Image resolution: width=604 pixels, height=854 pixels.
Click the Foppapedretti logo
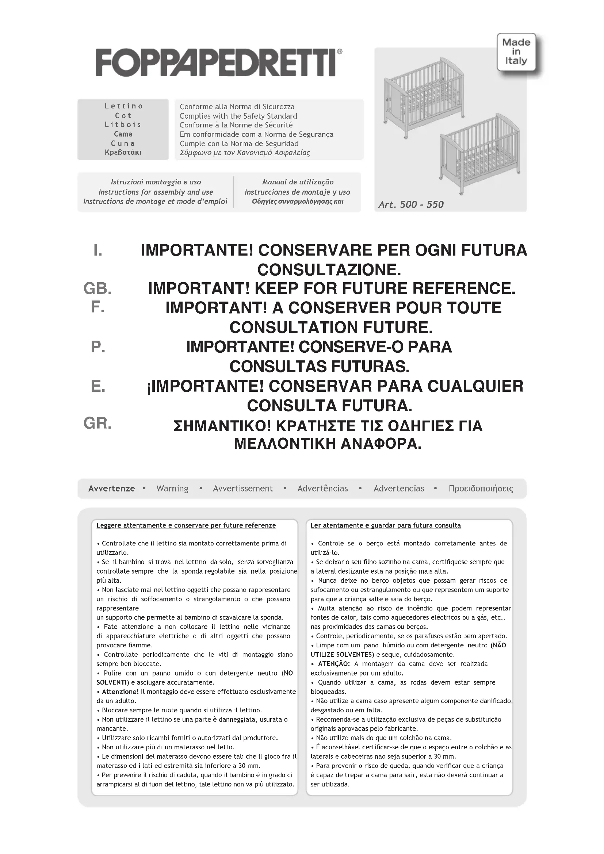click(219, 62)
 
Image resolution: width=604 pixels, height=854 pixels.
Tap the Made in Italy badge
click(516, 52)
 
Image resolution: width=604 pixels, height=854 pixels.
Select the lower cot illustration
click(480, 153)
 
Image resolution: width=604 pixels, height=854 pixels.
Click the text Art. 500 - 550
click(411, 204)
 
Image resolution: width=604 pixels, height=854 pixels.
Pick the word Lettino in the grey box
click(123, 106)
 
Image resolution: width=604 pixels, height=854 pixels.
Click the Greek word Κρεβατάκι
click(123, 152)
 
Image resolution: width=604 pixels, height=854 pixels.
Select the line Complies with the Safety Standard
click(238, 116)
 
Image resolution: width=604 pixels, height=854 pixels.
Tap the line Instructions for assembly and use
click(156, 192)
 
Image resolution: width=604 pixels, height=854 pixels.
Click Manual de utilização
click(298, 182)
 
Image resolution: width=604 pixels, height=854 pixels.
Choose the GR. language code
click(98, 424)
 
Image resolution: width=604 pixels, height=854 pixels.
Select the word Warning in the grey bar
click(172, 489)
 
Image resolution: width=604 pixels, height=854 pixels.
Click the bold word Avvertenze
click(112, 489)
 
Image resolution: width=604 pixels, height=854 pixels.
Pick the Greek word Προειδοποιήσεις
click(481, 489)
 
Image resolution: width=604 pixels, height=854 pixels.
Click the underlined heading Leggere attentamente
click(186, 525)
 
